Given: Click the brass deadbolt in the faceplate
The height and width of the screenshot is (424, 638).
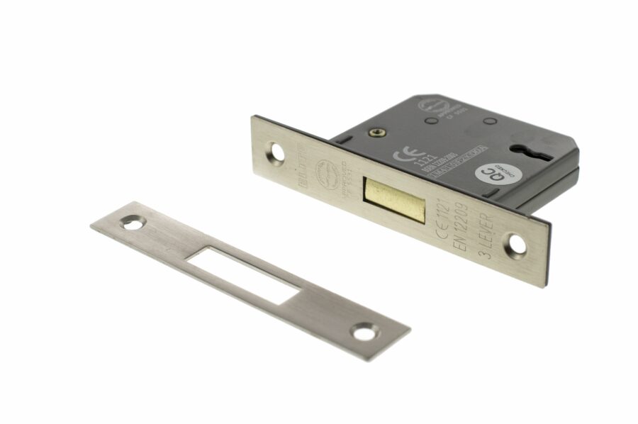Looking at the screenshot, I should point(394,199).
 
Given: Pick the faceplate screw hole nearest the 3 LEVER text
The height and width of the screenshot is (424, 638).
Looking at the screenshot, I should point(518,245).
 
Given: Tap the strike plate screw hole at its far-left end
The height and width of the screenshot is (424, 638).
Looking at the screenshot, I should point(130,223).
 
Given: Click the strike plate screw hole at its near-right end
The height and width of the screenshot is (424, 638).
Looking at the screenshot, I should point(366,330).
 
